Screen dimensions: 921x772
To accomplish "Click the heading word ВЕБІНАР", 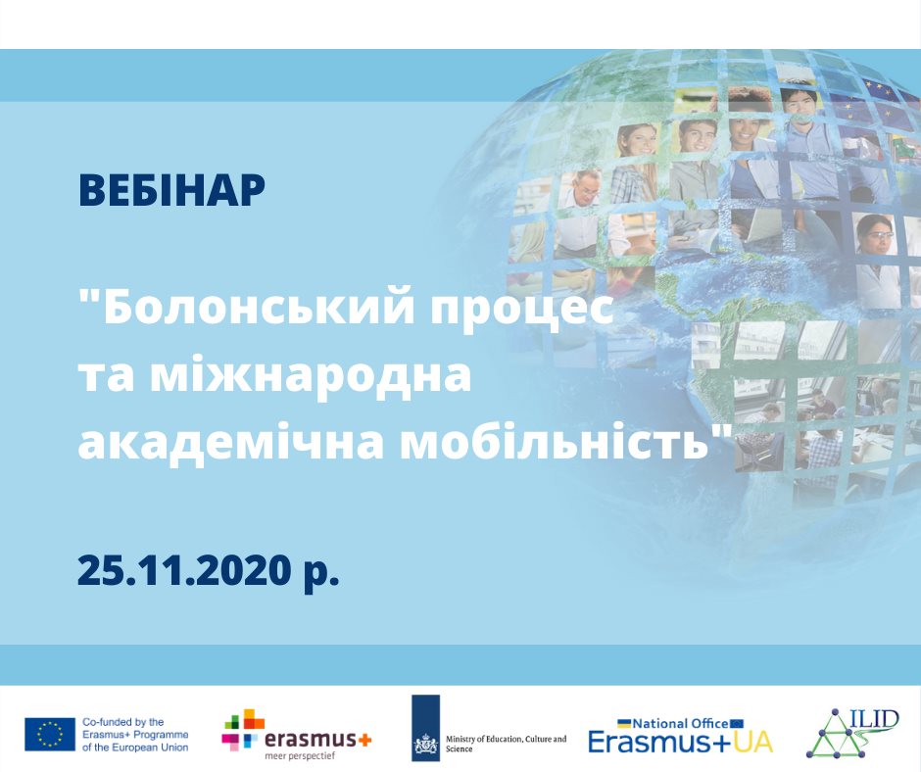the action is (x=171, y=190).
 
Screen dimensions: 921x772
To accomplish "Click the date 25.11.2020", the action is (x=184, y=570).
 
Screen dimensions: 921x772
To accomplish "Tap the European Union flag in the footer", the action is (x=50, y=734).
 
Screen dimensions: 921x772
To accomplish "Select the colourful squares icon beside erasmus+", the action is (x=243, y=730).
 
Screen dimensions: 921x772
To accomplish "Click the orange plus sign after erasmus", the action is (x=364, y=739).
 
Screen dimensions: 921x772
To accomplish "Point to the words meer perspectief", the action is (x=300, y=756).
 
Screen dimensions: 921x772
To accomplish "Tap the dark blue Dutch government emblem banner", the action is (x=426, y=728).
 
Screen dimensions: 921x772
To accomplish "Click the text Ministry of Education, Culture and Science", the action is (x=506, y=744).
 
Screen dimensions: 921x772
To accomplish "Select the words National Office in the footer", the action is (x=680, y=723).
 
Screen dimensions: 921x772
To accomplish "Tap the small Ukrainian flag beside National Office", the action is (x=624, y=723).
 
